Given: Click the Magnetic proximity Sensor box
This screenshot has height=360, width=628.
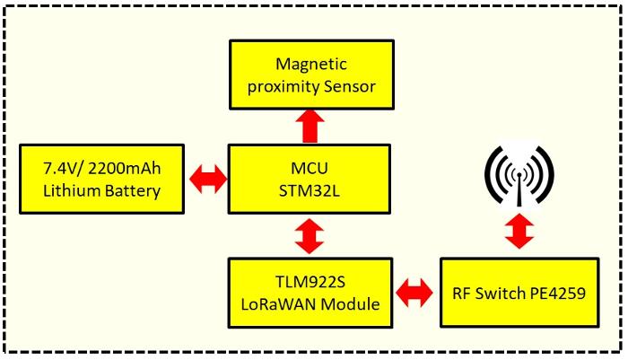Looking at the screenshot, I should [x=310, y=76].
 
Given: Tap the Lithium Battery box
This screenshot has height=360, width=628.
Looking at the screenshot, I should [x=101, y=180].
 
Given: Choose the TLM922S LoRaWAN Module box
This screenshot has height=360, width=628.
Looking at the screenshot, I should [x=310, y=293].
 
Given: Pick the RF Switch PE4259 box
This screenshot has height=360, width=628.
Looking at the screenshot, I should [x=518, y=293].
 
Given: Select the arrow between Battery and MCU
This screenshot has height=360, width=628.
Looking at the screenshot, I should [x=209, y=180].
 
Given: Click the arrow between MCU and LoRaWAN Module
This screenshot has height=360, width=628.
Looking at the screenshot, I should [x=310, y=237].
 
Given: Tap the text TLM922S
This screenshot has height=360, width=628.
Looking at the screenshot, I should [x=310, y=281].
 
